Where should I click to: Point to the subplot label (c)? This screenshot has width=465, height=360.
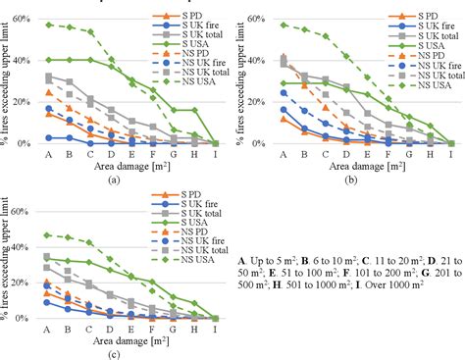[114, 352]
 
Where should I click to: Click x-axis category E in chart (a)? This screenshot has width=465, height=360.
[132, 155]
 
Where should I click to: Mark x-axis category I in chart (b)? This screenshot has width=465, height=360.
[452, 155]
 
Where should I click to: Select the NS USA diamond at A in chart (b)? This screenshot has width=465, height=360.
[284, 25]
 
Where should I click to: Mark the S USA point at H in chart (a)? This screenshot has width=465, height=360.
[195, 110]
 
